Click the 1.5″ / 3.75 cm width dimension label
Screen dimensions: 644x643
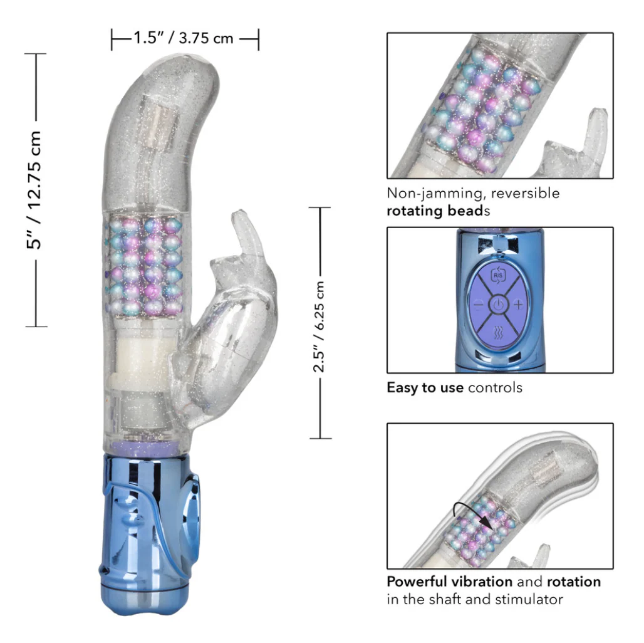[183, 38]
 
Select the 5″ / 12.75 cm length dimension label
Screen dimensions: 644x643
[34, 190]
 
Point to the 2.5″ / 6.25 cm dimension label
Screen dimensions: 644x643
[319, 327]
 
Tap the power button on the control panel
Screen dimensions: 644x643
[498, 305]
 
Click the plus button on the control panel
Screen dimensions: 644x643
[518, 305]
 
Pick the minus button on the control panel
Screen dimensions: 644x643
[479, 305]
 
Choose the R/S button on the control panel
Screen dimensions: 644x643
[498, 276]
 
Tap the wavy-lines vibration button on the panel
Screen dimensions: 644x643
[498, 332]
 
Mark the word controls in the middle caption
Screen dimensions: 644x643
[495, 387]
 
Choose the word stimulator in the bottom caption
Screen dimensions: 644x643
[529, 600]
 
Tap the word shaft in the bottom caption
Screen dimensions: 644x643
[444, 600]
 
